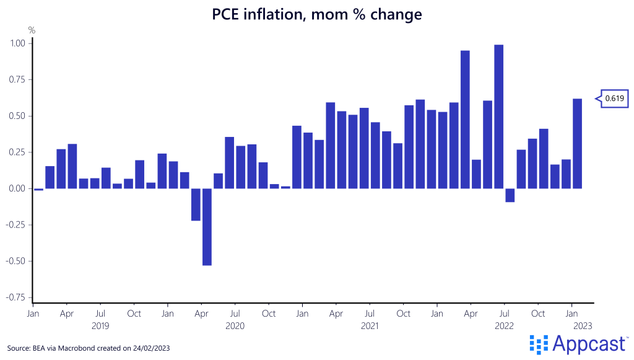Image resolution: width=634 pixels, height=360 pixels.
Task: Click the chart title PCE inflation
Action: (x=317, y=14)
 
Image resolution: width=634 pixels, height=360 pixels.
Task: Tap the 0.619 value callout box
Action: (x=614, y=98)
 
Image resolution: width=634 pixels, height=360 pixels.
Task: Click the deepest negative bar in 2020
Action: (x=207, y=227)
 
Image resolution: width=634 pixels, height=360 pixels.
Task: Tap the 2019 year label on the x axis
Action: (x=100, y=325)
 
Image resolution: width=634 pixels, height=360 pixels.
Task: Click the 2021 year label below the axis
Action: (x=369, y=325)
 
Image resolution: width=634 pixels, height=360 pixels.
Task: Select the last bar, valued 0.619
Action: (x=577, y=143)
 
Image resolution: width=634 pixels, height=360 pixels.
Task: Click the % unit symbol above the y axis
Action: (x=32, y=29)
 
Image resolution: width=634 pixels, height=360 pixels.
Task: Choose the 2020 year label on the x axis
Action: (x=235, y=325)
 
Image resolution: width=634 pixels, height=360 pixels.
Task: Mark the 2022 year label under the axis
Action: (x=504, y=325)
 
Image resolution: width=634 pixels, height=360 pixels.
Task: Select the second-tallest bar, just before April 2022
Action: (x=465, y=120)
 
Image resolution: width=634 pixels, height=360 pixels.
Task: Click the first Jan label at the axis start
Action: (x=33, y=314)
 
